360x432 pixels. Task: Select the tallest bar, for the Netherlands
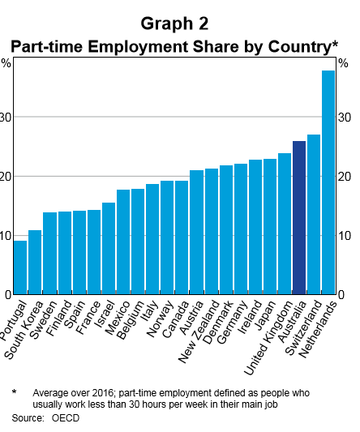pos(328,182)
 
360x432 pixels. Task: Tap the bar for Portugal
pos(20,267)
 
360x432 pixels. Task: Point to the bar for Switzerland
pos(314,214)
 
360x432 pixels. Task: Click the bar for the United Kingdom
pos(285,224)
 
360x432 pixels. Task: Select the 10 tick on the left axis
pos(6,236)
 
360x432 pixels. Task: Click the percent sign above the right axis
pos(345,63)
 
